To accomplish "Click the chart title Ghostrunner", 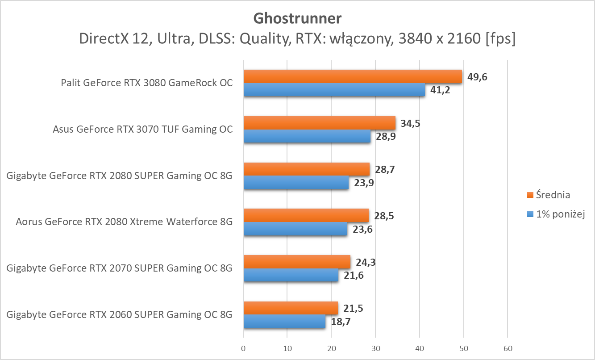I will tap(297, 18).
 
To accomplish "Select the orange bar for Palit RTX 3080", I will tap(353, 77).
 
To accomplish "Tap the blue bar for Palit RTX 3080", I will tap(334, 90).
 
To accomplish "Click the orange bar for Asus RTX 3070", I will tap(319, 123).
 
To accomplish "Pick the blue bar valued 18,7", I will tap(284, 322).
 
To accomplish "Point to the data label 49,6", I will tap(477, 77).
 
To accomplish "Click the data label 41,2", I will tap(440, 90).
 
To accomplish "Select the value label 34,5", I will tap(411, 123).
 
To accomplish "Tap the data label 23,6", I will tap(362, 229).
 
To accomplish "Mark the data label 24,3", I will tap(365, 262).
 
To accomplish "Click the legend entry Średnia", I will tap(552, 195).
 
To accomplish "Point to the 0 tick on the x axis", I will tap(243, 348).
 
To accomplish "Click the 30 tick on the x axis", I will tap(375, 348).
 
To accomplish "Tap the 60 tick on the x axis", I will tap(508, 348).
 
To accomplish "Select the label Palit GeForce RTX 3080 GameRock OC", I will tap(147, 83).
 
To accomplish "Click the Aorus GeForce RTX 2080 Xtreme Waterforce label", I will tap(124, 222).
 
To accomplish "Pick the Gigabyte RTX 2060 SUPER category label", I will tap(120, 314).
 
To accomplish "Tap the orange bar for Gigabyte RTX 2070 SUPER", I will tap(297, 262).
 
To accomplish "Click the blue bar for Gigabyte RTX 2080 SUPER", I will tap(296, 183).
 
